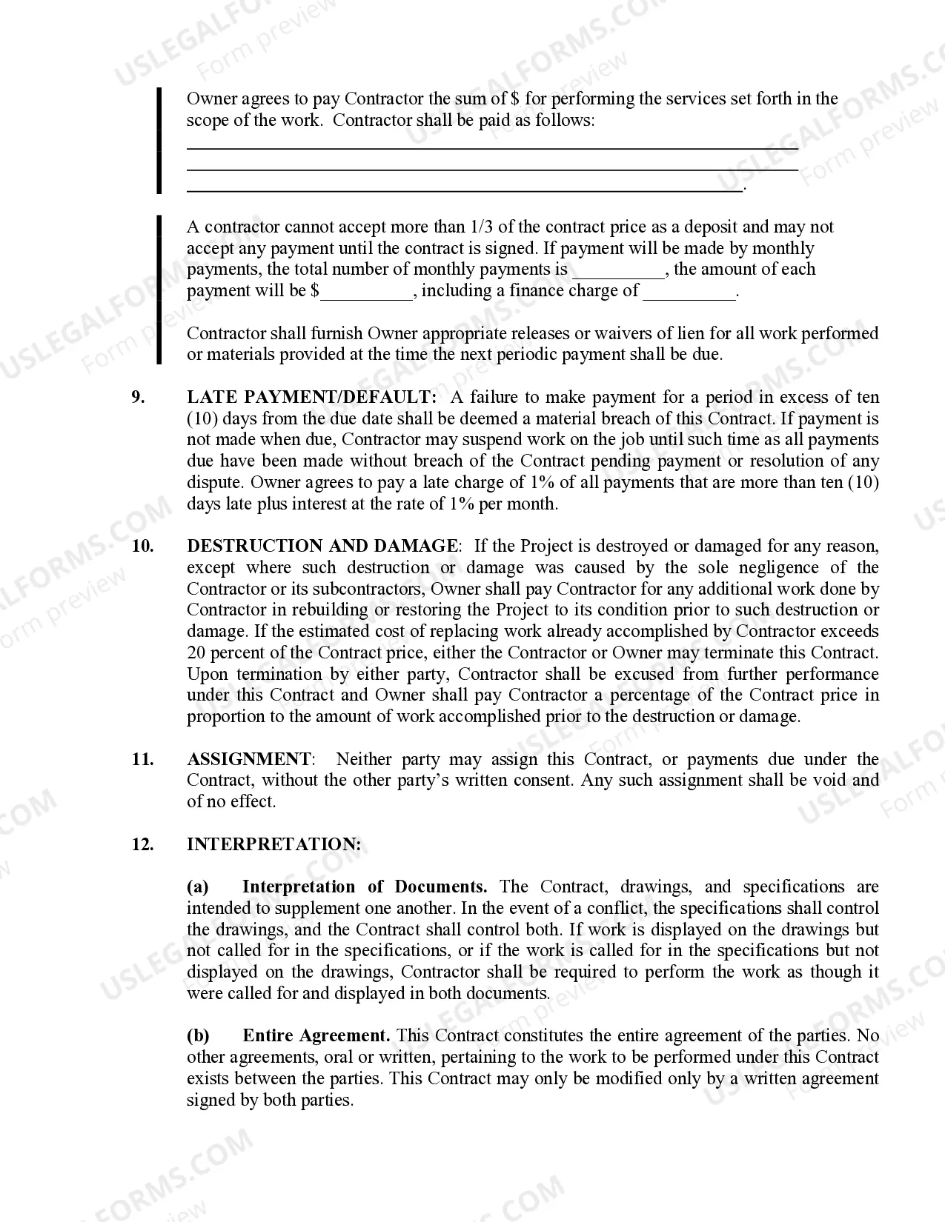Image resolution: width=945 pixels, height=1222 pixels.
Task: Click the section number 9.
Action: (139, 397)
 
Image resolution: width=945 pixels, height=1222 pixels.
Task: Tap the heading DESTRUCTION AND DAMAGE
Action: (322, 546)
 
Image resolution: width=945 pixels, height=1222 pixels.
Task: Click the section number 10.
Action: (142, 546)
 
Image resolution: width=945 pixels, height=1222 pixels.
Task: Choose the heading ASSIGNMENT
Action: (249, 759)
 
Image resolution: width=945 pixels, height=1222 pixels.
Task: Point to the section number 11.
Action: (142, 759)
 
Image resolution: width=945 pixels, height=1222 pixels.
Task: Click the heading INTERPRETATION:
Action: (273, 844)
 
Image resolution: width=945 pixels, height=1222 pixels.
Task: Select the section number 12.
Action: (142, 844)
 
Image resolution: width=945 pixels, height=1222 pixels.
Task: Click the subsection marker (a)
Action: (197, 887)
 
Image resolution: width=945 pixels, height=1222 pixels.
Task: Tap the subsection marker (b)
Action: (198, 1035)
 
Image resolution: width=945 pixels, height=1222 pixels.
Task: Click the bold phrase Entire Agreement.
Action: (316, 1035)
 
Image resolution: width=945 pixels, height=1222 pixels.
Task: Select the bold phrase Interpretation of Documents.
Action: (364, 887)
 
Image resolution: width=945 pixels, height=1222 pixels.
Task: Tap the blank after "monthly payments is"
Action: (619, 271)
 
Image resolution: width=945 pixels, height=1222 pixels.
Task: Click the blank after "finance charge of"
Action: (689, 293)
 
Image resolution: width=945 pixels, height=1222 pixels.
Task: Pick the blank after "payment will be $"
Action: (366, 293)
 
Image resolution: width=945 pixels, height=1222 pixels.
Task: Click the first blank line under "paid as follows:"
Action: (491, 147)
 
